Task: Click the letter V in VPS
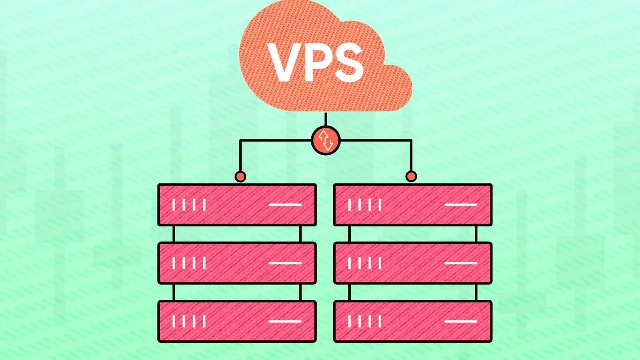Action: tap(285, 62)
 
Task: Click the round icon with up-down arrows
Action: tap(326, 141)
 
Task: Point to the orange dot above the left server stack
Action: tap(240, 176)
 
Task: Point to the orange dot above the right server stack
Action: tap(411, 176)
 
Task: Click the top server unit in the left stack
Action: tap(237, 205)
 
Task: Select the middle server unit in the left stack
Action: tap(237, 263)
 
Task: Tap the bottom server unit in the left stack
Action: tap(237, 321)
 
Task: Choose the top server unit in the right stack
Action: tap(413, 205)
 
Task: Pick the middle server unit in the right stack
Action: tap(413, 263)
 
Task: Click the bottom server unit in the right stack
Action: tap(413, 321)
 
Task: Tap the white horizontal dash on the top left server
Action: tap(285, 205)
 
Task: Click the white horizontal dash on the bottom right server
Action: tap(461, 321)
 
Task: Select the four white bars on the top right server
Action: tap(365, 205)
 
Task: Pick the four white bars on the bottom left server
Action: tap(189, 321)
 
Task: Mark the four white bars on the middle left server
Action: tap(189, 263)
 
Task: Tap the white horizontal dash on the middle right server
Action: tap(461, 263)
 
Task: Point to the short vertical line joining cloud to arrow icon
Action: tap(326, 120)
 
